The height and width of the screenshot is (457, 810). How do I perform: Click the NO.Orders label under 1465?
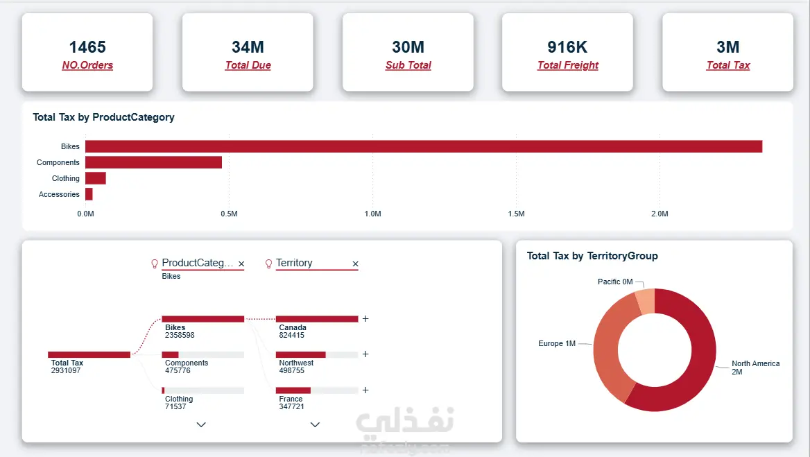(87, 65)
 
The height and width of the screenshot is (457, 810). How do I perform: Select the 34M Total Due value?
(248, 47)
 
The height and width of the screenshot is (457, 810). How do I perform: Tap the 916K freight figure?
(567, 47)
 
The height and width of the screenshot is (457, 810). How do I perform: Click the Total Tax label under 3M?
(728, 65)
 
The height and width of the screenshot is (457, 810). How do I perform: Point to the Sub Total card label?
(408, 65)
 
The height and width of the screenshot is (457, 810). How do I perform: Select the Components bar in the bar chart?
(153, 162)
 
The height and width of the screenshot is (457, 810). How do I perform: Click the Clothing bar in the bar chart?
(96, 178)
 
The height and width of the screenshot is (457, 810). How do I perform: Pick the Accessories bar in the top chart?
(89, 194)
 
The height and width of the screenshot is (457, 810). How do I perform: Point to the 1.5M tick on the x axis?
(516, 214)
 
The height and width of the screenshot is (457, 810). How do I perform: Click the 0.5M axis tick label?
(229, 214)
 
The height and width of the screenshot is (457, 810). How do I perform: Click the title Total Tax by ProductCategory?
(103, 117)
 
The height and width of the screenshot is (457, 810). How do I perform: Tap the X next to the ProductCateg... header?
(241, 264)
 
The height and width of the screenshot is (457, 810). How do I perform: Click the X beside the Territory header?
(355, 264)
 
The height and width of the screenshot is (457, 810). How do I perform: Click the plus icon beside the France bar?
(365, 390)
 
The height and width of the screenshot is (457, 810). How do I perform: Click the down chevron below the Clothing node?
(202, 424)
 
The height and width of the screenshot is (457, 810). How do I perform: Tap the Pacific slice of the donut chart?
(645, 302)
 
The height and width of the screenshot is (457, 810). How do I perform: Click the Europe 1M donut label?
(557, 343)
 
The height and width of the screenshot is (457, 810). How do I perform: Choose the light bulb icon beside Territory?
(268, 264)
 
